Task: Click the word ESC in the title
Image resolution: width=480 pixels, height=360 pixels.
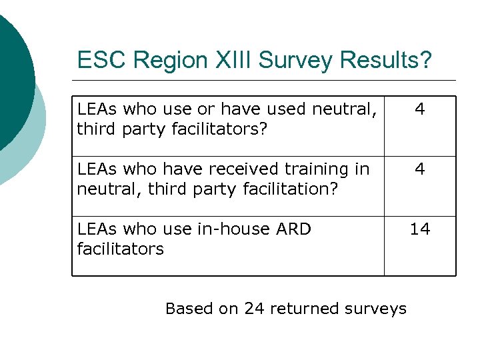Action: coord(103,61)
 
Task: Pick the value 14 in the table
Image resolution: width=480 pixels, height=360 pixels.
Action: coord(420,229)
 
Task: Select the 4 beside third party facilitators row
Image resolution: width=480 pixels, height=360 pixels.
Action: coord(420,109)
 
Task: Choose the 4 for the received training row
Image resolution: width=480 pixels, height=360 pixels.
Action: coord(420,169)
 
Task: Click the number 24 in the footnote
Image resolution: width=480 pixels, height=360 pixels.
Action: coord(255,309)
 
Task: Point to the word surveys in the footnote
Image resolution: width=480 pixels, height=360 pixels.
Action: coord(376,309)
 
